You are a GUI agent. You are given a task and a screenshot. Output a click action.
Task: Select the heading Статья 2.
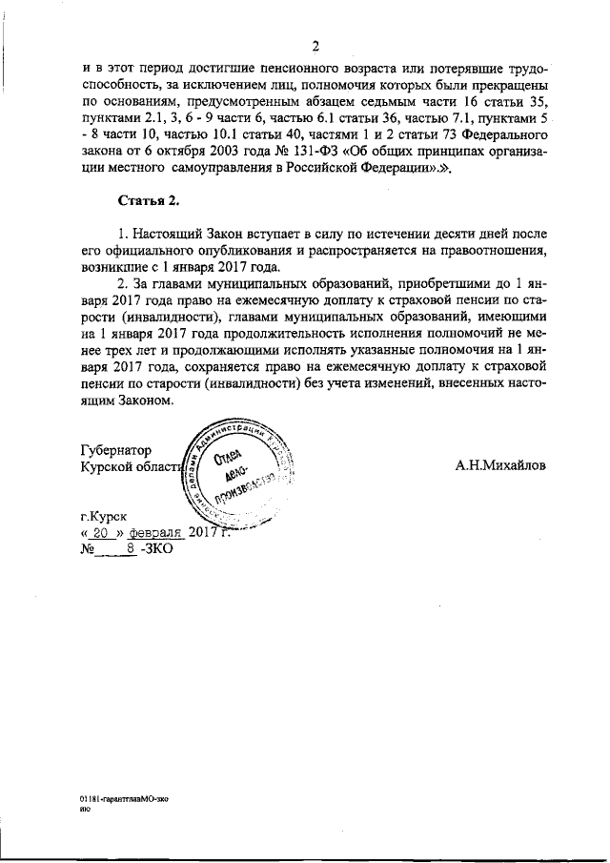(x=149, y=201)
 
